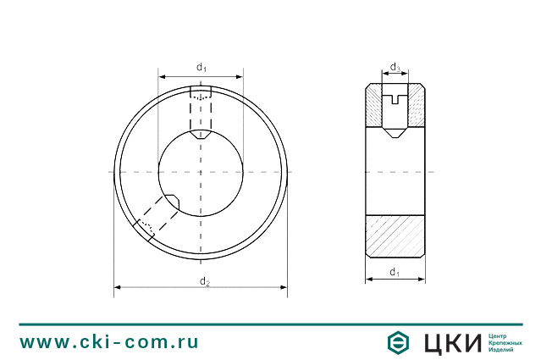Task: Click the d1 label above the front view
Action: coord(201,66)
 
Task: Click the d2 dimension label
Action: coord(204,280)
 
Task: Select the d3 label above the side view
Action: coord(395,66)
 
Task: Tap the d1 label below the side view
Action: coord(395,272)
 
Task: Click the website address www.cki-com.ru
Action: coord(109,342)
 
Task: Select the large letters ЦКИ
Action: coord(450,342)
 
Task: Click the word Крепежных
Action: coord(505,342)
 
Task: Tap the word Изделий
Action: coord(502,350)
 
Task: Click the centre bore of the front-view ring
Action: coord(201,173)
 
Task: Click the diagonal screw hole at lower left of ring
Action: coord(157,219)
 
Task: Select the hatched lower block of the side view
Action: coord(395,236)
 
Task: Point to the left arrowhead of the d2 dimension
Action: coord(118,287)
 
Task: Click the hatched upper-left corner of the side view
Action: coord(374,105)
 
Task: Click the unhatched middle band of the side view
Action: coord(395,173)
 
